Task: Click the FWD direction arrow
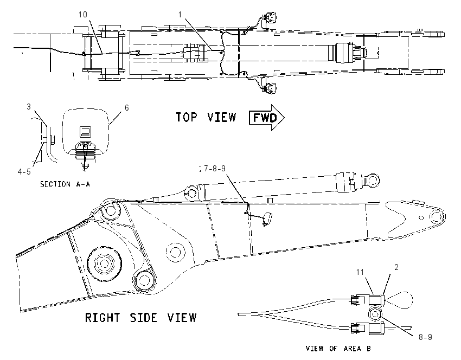[267, 118]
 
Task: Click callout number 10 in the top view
[83, 15]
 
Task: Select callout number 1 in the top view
[180, 15]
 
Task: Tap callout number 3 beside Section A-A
[29, 106]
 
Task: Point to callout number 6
[127, 108]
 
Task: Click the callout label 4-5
[24, 172]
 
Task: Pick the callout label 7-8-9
[215, 169]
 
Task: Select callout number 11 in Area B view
[360, 272]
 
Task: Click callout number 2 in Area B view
[396, 267]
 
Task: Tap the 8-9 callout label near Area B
[425, 337]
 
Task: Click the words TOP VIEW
[206, 117]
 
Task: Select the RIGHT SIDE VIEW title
[141, 318]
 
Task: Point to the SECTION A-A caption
[65, 184]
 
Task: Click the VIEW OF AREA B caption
[338, 349]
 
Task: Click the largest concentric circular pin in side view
[104, 263]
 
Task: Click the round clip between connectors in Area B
[375, 314]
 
